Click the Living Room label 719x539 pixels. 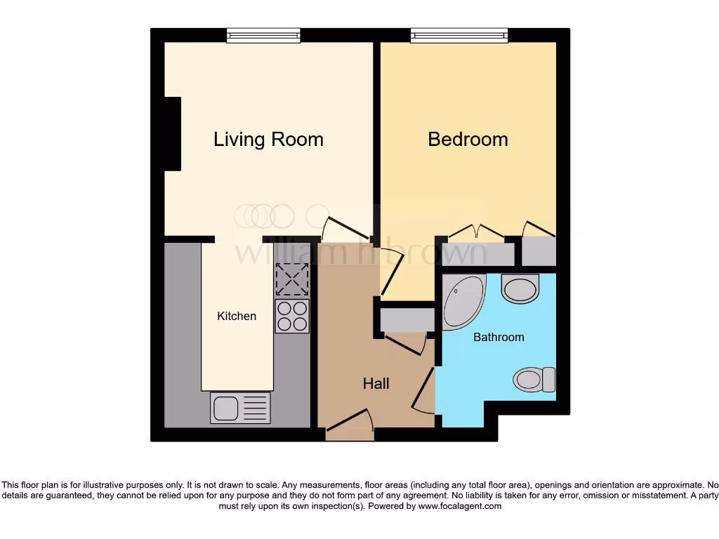pos(268,139)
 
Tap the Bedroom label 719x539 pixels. pos(468,139)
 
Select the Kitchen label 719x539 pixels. pos(237,316)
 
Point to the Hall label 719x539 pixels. pos(376,383)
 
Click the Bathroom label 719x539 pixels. pos(499,337)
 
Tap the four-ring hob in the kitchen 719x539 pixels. pos(292,316)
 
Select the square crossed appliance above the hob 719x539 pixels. pos(292,279)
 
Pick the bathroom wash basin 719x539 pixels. pos(520,288)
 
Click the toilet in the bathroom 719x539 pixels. pos(534,380)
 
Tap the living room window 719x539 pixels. pos(263,35)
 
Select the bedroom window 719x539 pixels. pos(459,35)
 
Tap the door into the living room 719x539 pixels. pos(345,228)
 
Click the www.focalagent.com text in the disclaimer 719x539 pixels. pos(459,506)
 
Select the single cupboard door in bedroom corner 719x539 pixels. pos(539,229)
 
